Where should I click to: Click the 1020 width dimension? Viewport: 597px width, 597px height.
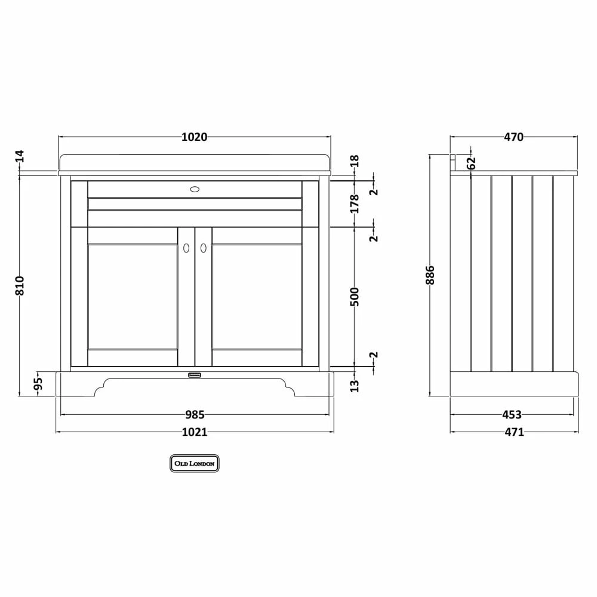194,137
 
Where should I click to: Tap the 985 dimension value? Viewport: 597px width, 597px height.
195,414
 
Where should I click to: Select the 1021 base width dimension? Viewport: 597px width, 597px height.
195,432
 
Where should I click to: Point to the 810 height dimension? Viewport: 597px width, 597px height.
20,285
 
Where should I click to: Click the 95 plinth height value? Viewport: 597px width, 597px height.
38,384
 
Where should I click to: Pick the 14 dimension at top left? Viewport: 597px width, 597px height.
20,156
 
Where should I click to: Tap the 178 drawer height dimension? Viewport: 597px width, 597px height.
355,204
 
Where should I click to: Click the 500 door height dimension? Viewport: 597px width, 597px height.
355,297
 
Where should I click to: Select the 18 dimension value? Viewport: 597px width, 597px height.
355,161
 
